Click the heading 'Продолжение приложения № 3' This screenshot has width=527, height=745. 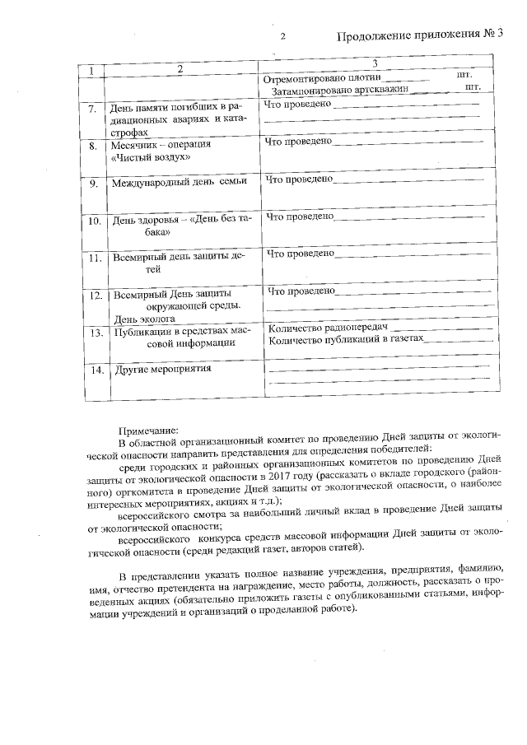[420, 35]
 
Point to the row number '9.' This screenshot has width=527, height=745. [94, 183]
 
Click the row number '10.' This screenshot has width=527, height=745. [95, 221]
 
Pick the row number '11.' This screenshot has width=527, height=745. [95, 258]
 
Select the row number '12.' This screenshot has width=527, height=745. [96, 295]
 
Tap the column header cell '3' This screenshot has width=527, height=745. [375, 63]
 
